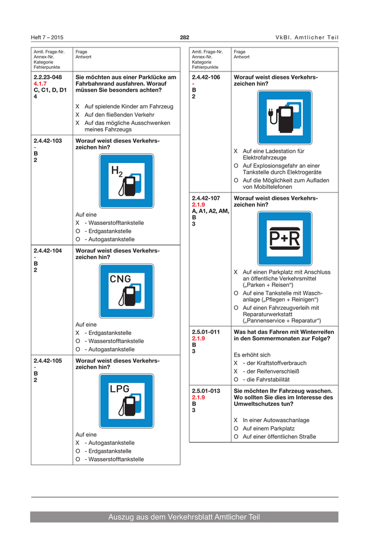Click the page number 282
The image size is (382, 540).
pyautogui.click(x=184, y=38)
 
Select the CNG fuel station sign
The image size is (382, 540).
pyautogui.click(x=127, y=291)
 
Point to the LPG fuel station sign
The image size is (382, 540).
pyautogui.click(x=127, y=401)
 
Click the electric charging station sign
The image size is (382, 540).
pyautogui.click(x=285, y=118)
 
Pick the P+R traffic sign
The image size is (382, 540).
pyautogui.click(x=285, y=239)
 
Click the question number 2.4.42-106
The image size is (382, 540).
pyautogui.click(x=206, y=77)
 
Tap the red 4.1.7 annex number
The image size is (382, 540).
pyautogui.click(x=40, y=84)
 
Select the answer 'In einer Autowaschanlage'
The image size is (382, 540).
pyautogui.click(x=276, y=420)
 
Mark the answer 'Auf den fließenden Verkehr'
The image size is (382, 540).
pyautogui.click(x=120, y=115)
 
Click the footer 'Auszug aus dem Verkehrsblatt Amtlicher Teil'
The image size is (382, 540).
pyautogui.click(x=184, y=517)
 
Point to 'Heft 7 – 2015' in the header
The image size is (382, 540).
pyautogui.click(x=47, y=38)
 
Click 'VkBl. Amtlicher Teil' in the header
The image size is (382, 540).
pyautogui.click(x=307, y=38)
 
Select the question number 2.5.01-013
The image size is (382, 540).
pyautogui.click(x=206, y=391)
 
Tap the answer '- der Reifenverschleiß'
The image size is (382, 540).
pyautogui.click(x=271, y=371)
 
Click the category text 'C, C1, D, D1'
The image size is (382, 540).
pyautogui.click(x=50, y=91)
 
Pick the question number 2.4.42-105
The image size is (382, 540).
pyautogui.click(x=48, y=361)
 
